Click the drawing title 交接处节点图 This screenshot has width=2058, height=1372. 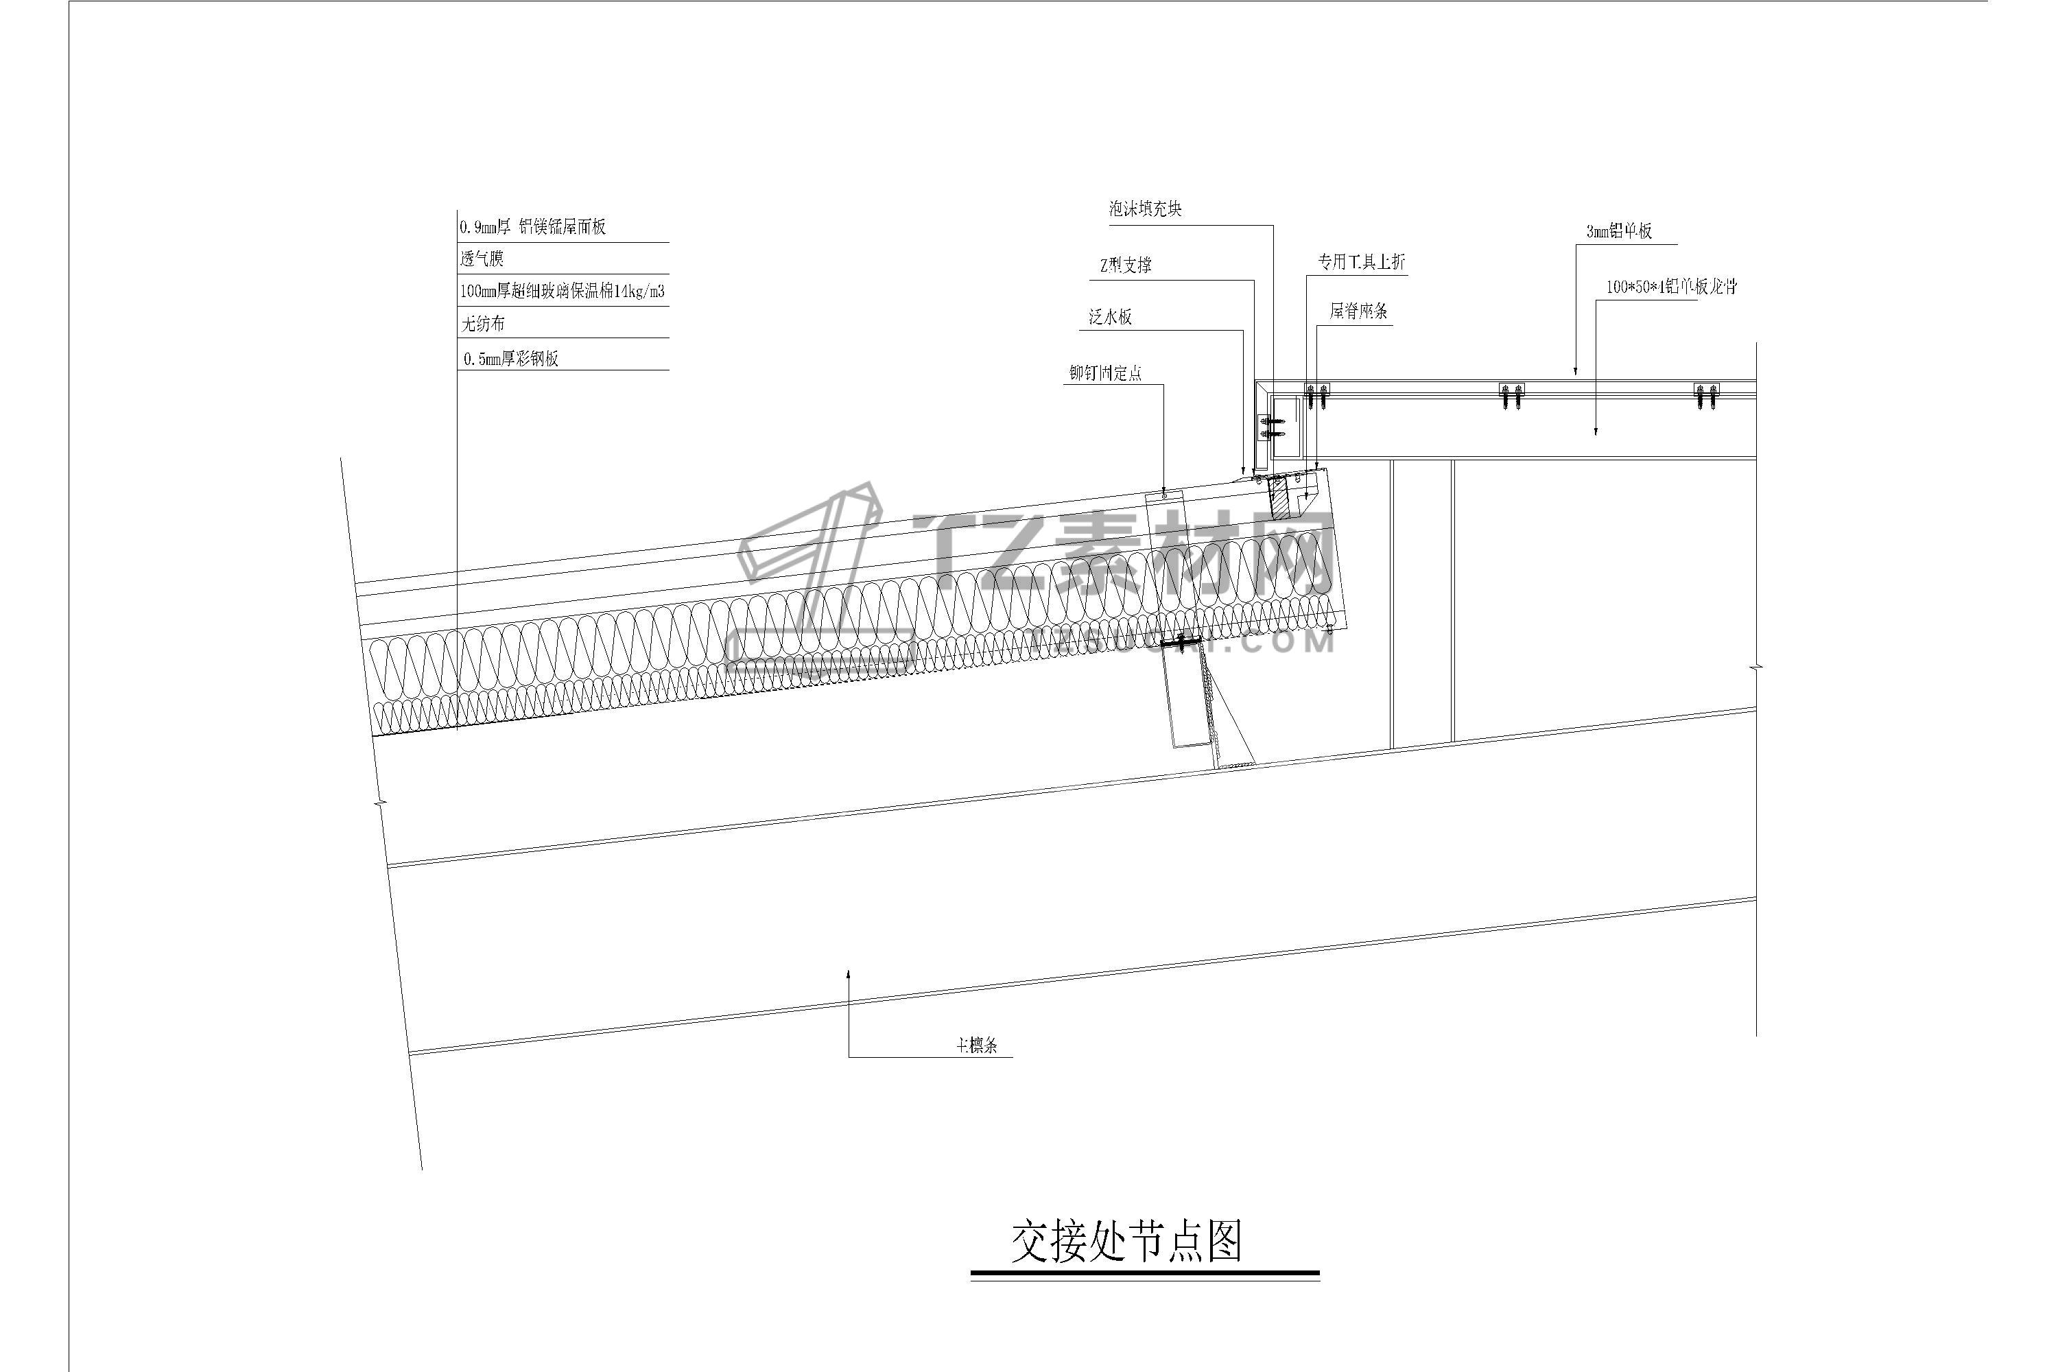[1126, 1242]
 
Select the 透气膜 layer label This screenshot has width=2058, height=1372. [482, 259]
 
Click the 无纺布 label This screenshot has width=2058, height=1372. [483, 324]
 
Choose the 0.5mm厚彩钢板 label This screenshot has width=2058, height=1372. [511, 358]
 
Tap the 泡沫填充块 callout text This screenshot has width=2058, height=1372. [1146, 209]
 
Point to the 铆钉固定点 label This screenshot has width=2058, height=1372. [1105, 372]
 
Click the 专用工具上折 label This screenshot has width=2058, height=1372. [1362, 261]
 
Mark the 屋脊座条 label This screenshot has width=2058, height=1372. [1358, 311]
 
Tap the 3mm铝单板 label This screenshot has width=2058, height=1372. [1619, 231]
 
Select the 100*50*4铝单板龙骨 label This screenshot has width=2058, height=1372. [1670, 287]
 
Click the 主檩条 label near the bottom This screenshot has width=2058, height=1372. [976, 1045]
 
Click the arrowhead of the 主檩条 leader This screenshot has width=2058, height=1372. [849, 972]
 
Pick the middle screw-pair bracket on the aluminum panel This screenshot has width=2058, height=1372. [1511, 396]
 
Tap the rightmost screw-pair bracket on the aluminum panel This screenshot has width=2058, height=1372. [1706, 396]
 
